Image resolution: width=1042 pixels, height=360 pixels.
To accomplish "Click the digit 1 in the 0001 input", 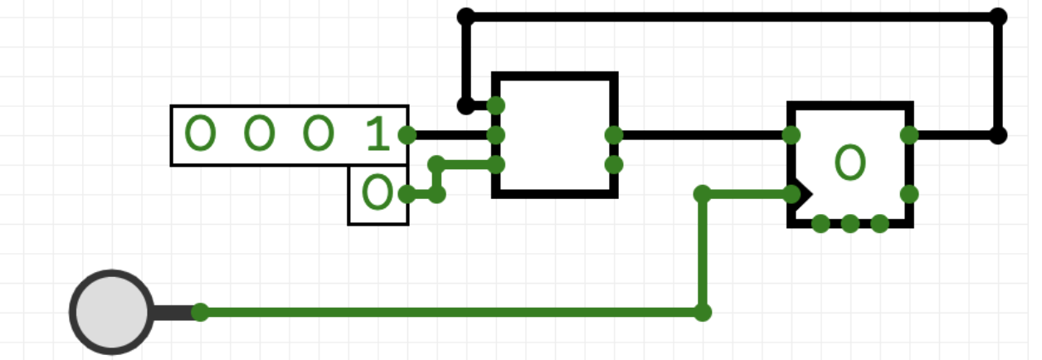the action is [377, 134].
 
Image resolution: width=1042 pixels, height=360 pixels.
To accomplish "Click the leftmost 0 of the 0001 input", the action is [201, 134].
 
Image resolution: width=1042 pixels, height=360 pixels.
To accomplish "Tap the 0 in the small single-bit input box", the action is [377, 192].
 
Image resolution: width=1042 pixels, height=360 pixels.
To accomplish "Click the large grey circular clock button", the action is [112, 312].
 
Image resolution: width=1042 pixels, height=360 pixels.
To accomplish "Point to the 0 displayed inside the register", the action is [850, 163].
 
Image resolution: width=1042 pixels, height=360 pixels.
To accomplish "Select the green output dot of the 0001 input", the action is [407, 135].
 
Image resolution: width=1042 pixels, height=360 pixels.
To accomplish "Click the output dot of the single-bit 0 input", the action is [407, 194].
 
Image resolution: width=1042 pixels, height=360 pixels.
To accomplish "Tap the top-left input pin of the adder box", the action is [496, 105].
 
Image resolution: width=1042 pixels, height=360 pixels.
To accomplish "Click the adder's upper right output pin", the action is [614, 135].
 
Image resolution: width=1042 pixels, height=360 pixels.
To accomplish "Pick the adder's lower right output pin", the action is [614, 164].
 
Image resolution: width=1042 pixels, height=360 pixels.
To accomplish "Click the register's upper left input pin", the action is [791, 135].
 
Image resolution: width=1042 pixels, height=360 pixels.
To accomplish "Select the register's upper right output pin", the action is [909, 135].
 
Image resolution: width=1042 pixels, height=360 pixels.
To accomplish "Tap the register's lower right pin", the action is [909, 194].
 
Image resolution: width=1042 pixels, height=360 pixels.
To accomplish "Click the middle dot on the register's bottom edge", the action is [850, 224].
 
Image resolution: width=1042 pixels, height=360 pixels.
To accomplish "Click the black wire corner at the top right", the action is [998, 17].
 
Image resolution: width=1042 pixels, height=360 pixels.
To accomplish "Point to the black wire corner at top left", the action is [466, 17].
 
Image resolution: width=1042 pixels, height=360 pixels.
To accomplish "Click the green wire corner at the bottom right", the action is [703, 312].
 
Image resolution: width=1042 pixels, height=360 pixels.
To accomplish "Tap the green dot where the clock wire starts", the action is [201, 312].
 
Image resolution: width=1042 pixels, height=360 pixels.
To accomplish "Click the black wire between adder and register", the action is [703, 135].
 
